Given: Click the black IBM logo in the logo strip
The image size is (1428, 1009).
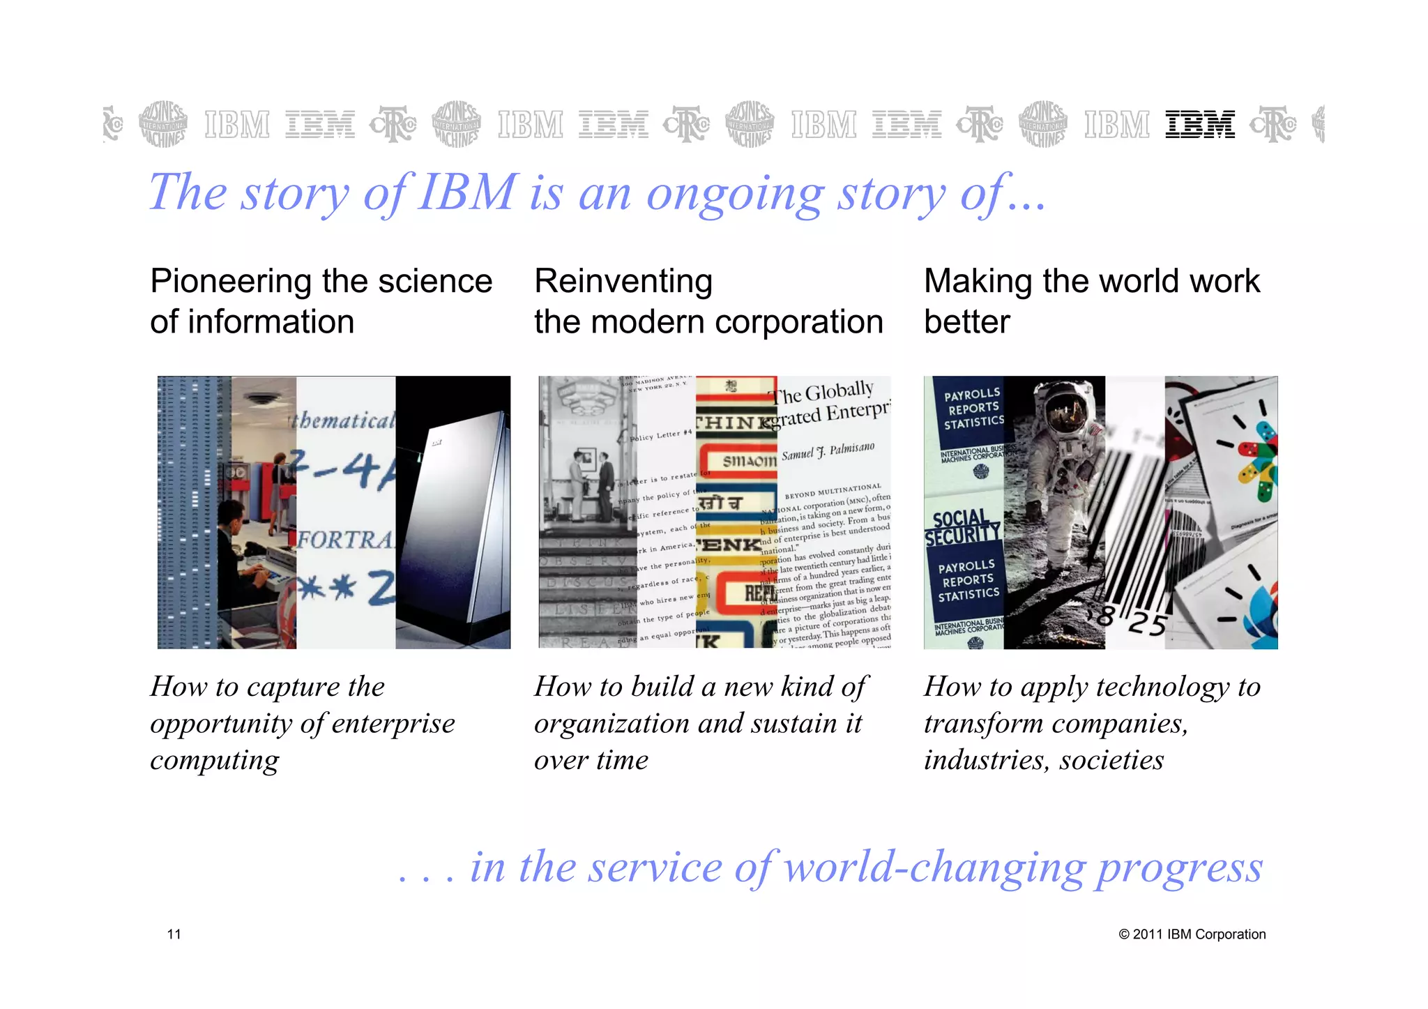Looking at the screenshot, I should tap(1199, 125).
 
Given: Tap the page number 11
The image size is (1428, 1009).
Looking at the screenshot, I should tap(174, 934).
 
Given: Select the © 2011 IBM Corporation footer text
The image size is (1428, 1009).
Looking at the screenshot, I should tap(1192, 934).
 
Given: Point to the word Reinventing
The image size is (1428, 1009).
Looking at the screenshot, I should tap(623, 282).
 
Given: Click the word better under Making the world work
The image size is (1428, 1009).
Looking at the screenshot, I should tap(966, 322).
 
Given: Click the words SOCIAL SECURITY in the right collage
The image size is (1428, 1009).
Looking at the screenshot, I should tap(962, 528).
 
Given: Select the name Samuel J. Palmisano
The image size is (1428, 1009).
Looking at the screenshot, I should tap(828, 452).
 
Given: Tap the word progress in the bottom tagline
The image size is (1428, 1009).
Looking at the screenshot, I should tap(1179, 868).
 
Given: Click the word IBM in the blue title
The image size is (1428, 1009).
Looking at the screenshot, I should tap(468, 192).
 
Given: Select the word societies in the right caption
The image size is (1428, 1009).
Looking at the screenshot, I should tap(1111, 760).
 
